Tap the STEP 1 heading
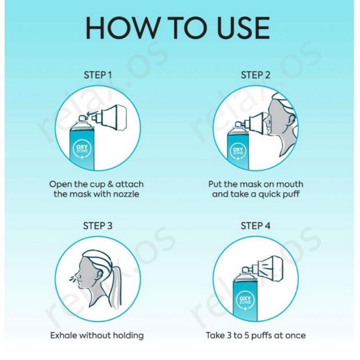[98, 75]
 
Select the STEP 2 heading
[256, 75]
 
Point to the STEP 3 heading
[98, 226]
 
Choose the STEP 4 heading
[256, 226]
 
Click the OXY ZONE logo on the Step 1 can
[82, 150]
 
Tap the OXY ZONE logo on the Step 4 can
[245, 301]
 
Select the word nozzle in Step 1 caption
[127, 194]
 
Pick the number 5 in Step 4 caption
[247, 336]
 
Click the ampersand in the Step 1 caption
[111, 184]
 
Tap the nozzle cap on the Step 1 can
[82, 118]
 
